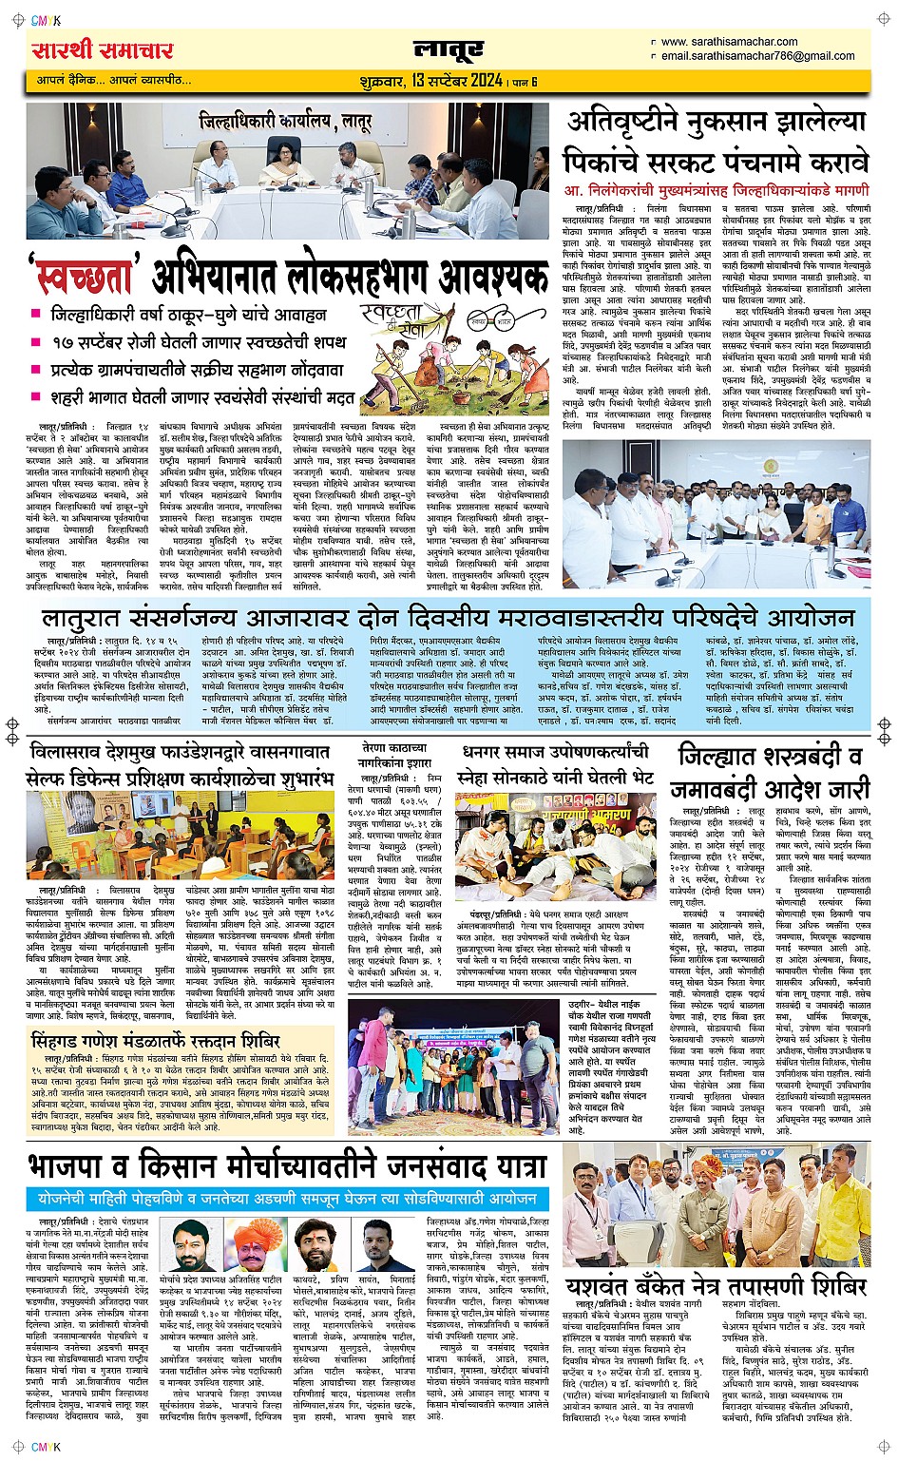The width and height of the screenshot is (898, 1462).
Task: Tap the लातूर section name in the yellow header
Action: [449, 50]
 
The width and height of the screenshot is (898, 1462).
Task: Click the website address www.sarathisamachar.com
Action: [729, 42]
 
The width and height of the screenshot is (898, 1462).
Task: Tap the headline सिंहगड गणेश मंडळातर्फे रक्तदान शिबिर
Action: [168, 1040]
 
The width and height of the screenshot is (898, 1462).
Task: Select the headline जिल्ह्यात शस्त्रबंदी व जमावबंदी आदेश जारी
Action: [770, 772]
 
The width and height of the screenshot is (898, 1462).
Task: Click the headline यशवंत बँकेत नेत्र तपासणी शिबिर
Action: [716, 1286]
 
